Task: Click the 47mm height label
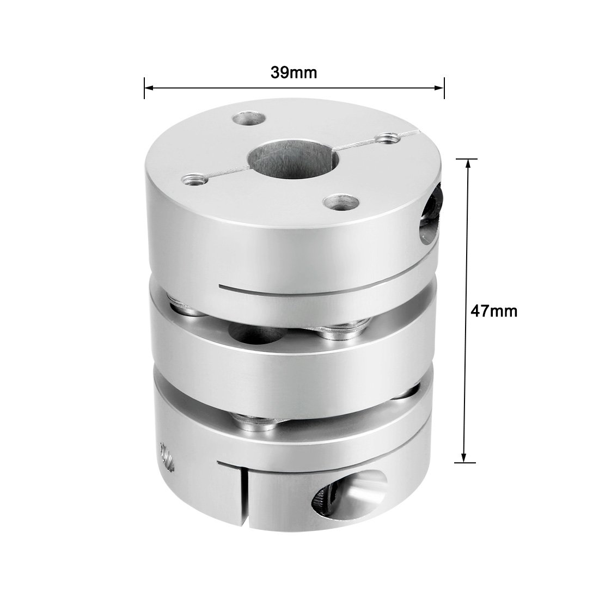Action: click(494, 311)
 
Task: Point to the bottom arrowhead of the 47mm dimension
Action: click(464, 458)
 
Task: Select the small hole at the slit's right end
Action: click(388, 138)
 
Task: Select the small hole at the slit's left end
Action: click(192, 177)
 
